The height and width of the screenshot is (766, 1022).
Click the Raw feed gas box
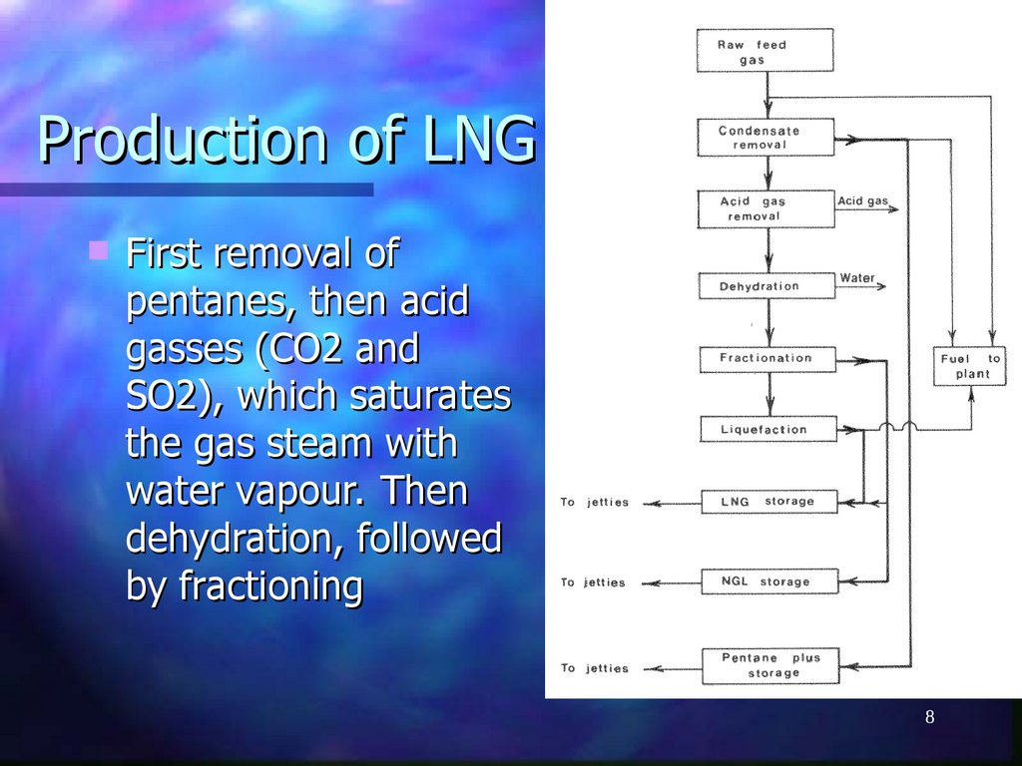tap(766, 52)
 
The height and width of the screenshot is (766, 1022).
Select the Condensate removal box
tap(766, 138)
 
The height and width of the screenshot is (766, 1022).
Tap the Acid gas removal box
tap(766, 208)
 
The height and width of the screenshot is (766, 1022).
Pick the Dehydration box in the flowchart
tap(766, 286)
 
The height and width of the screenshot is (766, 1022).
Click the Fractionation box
tap(766, 358)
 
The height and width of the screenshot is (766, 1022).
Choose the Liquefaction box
tap(766, 430)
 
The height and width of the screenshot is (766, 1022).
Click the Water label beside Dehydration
tap(857, 278)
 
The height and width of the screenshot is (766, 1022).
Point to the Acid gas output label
tap(862, 201)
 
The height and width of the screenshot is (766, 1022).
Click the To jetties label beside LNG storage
tap(594, 503)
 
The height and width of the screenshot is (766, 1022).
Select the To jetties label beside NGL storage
tap(594, 582)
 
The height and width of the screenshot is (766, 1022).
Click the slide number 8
tap(929, 719)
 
